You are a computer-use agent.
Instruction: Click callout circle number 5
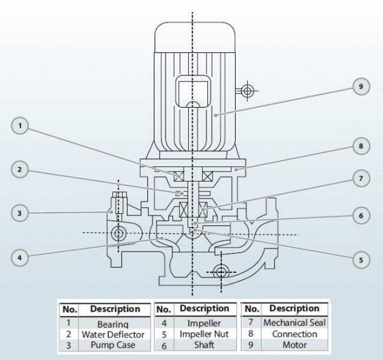(x=360, y=260)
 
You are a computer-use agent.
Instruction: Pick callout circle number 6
(x=360, y=215)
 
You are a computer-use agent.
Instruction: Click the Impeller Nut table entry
(x=204, y=334)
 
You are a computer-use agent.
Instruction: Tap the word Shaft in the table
(x=204, y=345)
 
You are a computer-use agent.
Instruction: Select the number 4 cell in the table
(x=164, y=324)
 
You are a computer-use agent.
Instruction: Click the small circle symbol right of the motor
(x=247, y=91)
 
